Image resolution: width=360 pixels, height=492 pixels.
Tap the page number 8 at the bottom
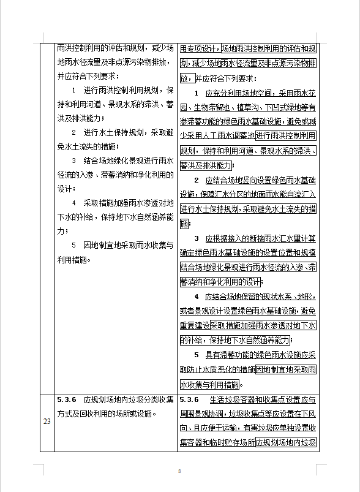pyautogui.click(x=179, y=471)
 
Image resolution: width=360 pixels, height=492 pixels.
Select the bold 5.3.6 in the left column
pyautogui.click(x=66, y=399)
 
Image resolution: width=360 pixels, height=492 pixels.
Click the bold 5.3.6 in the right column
pyautogui.click(x=190, y=399)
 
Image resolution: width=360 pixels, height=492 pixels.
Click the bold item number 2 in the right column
pyautogui.click(x=197, y=180)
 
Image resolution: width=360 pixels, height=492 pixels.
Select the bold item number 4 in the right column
pyautogui.click(x=197, y=297)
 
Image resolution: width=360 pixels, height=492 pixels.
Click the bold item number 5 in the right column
pyautogui.click(x=197, y=354)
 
